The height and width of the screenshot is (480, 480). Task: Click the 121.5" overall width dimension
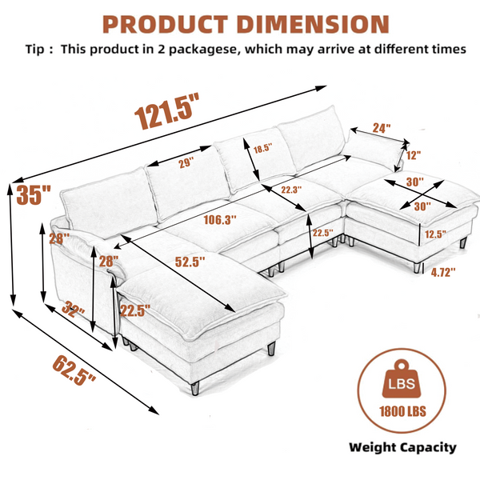(x=166, y=111)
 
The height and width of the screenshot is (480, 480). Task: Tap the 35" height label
(x=34, y=195)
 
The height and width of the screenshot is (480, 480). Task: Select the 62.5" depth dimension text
(x=74, y=370)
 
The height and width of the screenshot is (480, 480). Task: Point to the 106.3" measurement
(x=220, y=219)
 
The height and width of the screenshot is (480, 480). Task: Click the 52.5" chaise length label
(x=190, y=262)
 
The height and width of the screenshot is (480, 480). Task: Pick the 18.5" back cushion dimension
(x=262, y=149)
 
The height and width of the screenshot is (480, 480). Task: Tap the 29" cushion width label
(x=186, y=162)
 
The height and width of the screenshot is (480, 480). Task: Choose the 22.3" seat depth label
(x=291, y=190)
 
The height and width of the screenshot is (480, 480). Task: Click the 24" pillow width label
(x=382, y=128)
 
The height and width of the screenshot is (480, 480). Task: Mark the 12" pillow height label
(x=414, y=155)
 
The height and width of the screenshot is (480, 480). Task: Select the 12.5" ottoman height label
(x=435, y=234)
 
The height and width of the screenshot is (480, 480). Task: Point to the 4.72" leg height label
(x=443, y=272)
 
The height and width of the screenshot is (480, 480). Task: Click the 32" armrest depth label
(x=73, y=309)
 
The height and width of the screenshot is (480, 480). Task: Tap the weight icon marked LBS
(x=402, y=378)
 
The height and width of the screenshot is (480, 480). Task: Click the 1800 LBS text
(x=402, y=411)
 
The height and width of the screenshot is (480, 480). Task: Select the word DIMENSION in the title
(x=313, y=25)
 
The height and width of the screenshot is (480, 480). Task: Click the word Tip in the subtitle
(x=35, y=50)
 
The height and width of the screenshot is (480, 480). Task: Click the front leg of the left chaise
(x=195, y=387)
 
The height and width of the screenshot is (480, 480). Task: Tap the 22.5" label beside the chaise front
(x=135, y=311)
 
